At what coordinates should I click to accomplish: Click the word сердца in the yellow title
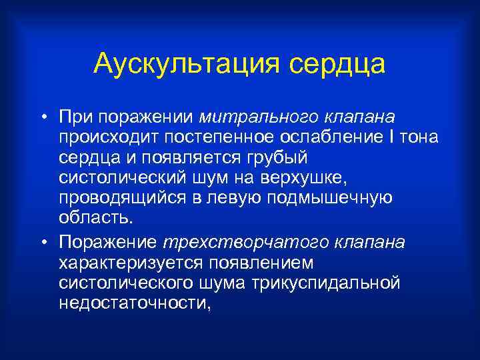[x=337, y=65]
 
